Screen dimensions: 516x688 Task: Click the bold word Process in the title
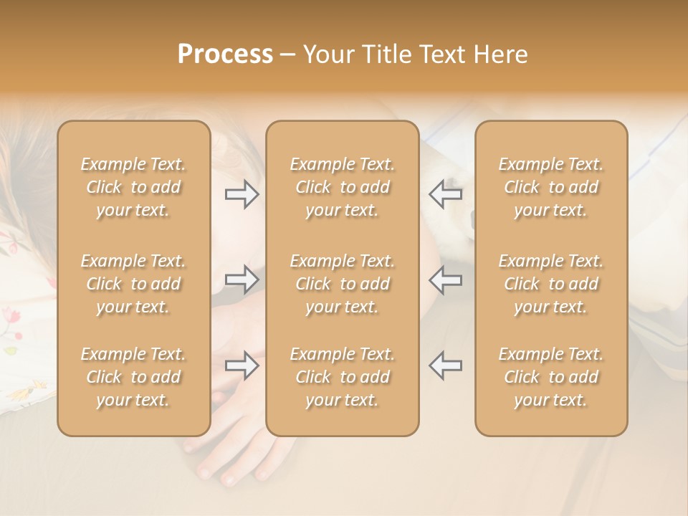tap(225, 54)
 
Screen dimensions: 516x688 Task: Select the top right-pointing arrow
tap(242, 194)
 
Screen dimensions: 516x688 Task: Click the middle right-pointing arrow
tap(242, 279)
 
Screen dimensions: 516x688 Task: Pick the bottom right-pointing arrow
tap(242, 365)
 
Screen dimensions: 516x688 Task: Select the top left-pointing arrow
tap(445, 194)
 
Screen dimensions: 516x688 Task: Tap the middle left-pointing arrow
tap(445, 279)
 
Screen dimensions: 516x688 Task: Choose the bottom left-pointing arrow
tap(445, 365)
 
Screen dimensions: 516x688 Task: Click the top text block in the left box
tap(133, 188)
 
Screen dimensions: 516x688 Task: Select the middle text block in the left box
tap(133, 284)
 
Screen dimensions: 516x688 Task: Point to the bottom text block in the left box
tap(133, 377)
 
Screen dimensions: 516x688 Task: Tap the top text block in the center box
tap(343, 188)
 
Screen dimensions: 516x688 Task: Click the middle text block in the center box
tap(343, 284)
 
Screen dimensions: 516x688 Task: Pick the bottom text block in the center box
tap(343, 377)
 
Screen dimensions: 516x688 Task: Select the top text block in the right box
tap(551, 188)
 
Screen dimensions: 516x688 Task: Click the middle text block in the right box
tap(551, 284)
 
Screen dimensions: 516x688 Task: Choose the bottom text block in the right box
tap(551, 377)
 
